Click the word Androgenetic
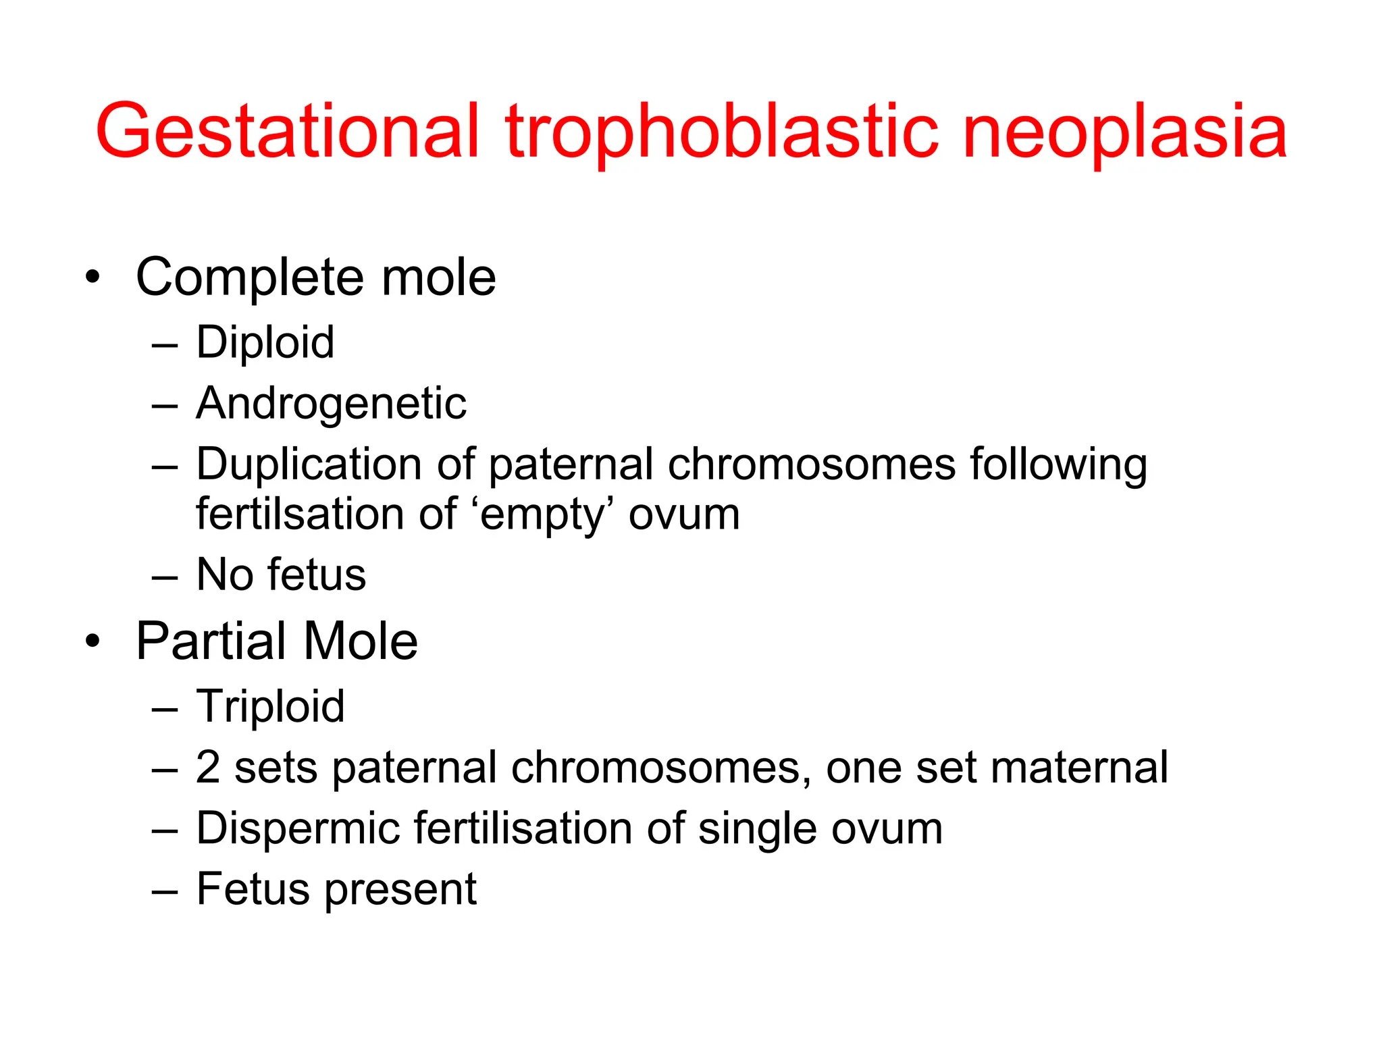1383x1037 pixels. pos(331,403)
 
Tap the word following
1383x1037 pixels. pos(1058,464)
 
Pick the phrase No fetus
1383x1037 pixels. pos(281,575)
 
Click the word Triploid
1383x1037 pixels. pos(270,706)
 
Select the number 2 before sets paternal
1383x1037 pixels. pos(207,768)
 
